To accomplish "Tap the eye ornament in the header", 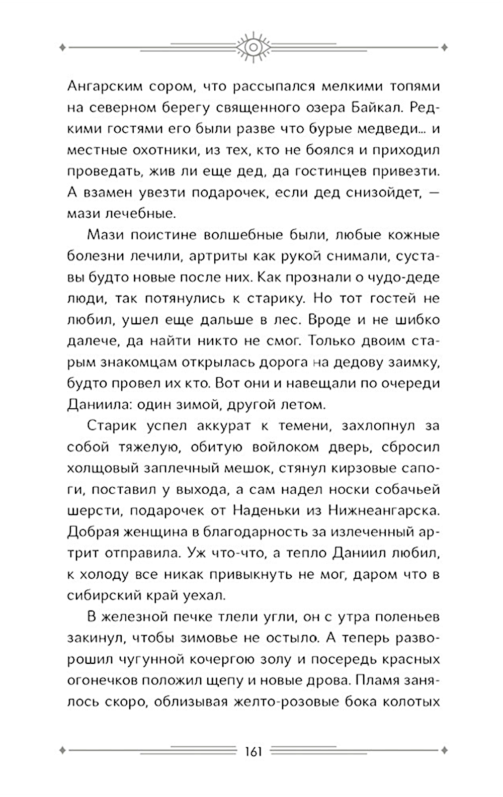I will click(253, 46).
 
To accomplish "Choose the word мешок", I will click(239, 468).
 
